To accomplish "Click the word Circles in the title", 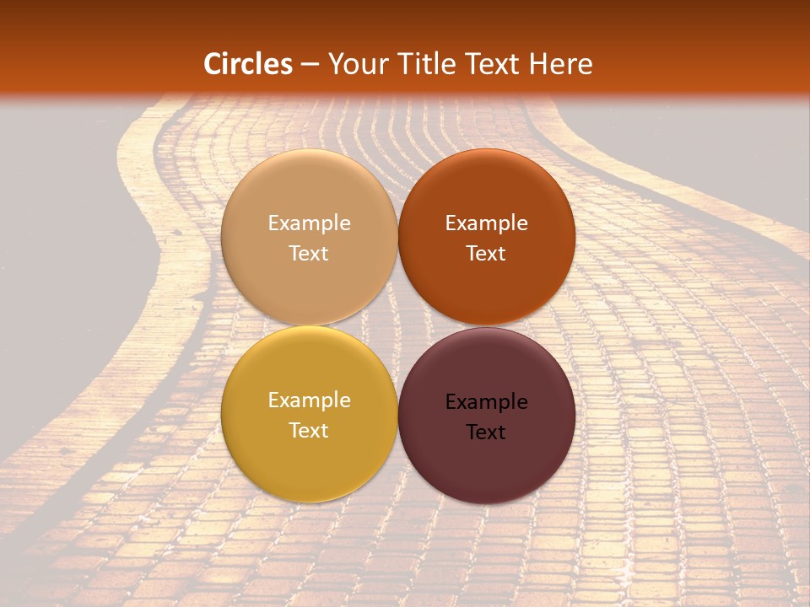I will pos(247,64).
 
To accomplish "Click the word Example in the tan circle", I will pos(309,223).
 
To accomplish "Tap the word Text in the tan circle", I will pos(309,253).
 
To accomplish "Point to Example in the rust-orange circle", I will pos(486,223).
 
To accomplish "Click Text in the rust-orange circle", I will pos(486,253).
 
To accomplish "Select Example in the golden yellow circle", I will pos(309,400).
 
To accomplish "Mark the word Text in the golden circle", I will pos(309,430).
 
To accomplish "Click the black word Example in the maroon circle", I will pos(486,402).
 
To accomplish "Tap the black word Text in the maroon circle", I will pos(486,432).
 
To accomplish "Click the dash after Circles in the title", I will pos(310,64).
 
